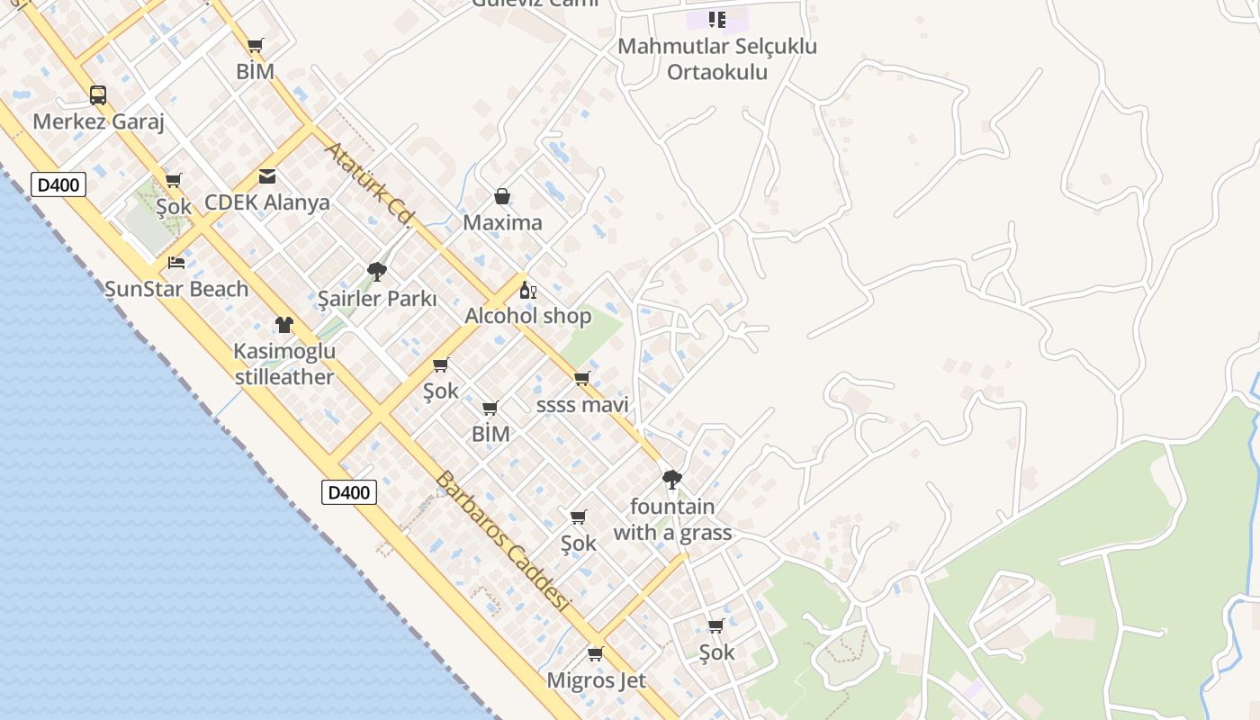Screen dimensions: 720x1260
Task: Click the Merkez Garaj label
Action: [98, 121]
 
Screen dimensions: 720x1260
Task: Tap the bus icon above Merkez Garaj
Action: [98, 94]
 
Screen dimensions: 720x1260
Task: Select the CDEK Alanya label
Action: [267, 202]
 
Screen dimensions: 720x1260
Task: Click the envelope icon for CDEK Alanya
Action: [267, 176]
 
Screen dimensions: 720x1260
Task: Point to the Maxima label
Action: [502, 222]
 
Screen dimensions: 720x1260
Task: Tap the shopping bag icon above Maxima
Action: [502, 196]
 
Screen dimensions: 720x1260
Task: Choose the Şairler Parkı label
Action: [377, 299]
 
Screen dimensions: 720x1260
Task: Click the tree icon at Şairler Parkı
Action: [377, 271]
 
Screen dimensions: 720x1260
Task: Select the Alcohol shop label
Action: [528, 316]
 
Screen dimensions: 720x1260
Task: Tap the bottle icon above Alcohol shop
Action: [528, 290]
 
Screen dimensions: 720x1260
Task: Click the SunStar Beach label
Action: [176, 289]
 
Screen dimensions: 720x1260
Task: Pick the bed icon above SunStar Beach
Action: [176, 263]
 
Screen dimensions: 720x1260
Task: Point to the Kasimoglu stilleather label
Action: [284, 364]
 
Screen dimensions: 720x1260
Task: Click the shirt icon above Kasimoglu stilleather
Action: [284, 325]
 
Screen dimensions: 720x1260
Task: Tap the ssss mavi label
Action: [582, 405]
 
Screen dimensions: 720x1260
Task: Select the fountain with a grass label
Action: [672, 519]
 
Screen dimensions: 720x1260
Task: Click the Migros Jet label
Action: [596, 680]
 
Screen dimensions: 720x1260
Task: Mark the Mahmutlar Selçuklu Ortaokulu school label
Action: [717, 58]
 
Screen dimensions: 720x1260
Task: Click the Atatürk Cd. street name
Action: [368, 184]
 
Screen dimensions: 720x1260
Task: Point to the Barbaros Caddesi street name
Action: [503, 542]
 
